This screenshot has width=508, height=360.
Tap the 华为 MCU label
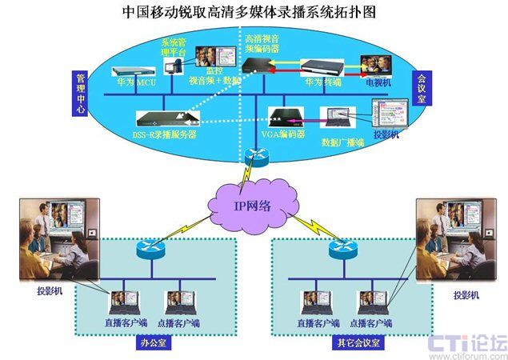tap(134, 81)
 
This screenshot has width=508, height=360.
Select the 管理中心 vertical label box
tap(80, 94)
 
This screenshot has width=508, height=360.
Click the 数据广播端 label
tap(342, 142)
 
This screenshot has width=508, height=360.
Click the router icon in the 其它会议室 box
tap(339, 249)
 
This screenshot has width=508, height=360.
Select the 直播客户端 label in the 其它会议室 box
tap(315, 322)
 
